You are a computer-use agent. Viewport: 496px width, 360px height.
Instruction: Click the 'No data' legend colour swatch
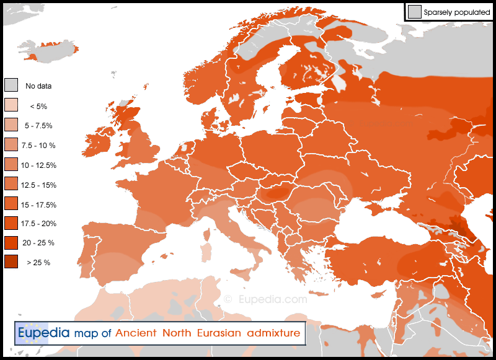click(11, 86)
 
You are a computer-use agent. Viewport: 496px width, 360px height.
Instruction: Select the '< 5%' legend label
click(38, 106)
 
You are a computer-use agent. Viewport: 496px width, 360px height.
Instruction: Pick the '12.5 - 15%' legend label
click(38, 185)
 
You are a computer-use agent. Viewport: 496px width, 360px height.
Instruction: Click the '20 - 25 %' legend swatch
click(11, 243)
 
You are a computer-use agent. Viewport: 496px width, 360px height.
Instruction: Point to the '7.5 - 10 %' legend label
click(38, 146)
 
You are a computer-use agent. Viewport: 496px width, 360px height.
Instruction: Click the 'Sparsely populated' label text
click(458, 12)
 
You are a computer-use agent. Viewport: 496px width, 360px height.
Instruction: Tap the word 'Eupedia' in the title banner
click(43, 333)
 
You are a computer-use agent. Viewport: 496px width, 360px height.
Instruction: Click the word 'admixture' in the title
click(273, 333)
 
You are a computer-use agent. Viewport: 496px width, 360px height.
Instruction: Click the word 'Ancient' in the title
click(138, 333)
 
